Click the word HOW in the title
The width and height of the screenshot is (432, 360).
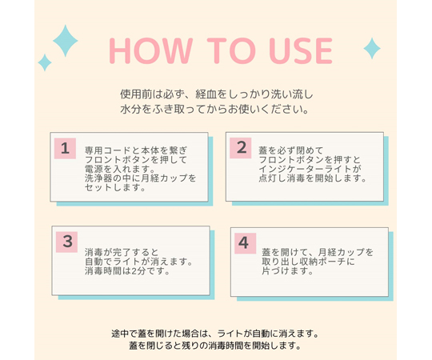(150, 50)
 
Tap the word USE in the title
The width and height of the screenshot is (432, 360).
(301, 50)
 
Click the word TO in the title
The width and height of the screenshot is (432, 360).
(230, 50)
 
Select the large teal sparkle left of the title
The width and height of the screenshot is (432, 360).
(66, 41)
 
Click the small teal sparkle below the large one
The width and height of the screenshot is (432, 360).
(45, 62)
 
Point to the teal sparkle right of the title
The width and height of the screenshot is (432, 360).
(372, 49)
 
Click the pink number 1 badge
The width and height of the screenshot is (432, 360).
(65, 149)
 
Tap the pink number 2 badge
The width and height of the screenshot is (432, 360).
(241, 148)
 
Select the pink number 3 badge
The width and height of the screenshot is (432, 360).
(66, 242)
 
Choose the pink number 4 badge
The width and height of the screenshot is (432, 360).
(246, 243)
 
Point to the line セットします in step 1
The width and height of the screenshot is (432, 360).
(115, 187)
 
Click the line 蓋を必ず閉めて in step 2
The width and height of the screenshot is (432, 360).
(291, 150)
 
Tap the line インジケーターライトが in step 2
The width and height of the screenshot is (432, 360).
(310, 169)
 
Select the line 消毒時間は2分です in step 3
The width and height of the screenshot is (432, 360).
(127, 271)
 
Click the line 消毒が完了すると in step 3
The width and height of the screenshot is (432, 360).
(122, 252)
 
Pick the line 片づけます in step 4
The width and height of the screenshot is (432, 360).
(288, 271)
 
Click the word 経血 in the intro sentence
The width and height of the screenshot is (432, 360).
(206, 94)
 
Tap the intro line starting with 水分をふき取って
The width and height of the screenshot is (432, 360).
(214, 110)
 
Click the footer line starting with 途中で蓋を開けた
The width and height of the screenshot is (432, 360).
(215, 334)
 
